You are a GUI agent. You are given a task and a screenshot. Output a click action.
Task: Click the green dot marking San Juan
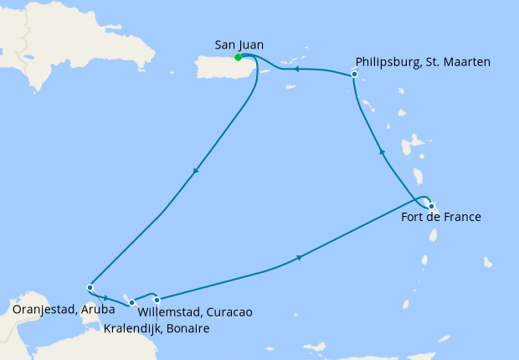coord(239,58)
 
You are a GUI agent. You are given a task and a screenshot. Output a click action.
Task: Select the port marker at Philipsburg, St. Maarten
coord(354,75)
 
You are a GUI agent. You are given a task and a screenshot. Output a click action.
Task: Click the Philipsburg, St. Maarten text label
coord(423,61)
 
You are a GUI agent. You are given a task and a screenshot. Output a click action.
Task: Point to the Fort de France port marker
coord(431,206)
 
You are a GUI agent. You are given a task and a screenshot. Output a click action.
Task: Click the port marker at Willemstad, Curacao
coord(157,300)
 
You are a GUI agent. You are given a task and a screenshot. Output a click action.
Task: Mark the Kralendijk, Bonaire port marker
coord(131,302)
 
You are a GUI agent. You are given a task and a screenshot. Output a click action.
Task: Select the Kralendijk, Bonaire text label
coord(157,328)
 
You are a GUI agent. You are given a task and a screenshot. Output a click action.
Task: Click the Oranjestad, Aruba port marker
coord(90,288)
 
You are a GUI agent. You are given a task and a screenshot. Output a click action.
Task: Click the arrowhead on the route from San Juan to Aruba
coord(196,172)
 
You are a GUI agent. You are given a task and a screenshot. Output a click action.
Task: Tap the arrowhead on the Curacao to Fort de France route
coord(299,257)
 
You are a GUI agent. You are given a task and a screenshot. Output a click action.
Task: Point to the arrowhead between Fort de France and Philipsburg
coord(383,152)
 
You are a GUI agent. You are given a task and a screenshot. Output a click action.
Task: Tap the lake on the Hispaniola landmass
coord(31,59)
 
